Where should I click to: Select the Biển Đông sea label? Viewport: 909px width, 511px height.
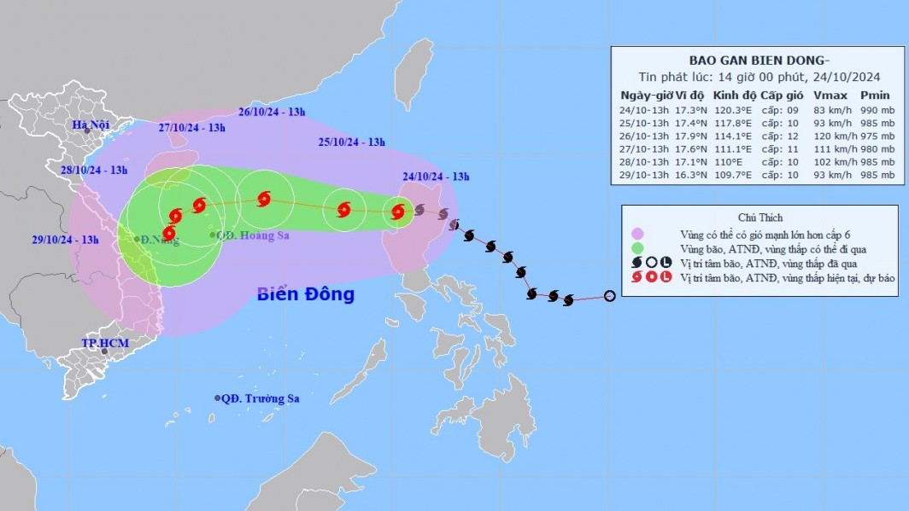pyautogui.click(x=305, y=294)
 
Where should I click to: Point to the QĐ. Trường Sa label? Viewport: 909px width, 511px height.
pyautogui.click(x=261, y=398)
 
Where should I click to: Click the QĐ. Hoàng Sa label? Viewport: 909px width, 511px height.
pyautogui.click(x=252, y=235)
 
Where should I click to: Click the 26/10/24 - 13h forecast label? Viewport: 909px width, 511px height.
pyautogui.click(x=272, y=112)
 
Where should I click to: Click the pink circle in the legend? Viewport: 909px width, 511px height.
pyautogui.click(x=636, y=234)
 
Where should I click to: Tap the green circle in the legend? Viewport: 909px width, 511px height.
pyautogui.click(x=636, y=249)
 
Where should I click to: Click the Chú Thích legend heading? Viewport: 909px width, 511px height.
pyautogui.click(x=759, y=218)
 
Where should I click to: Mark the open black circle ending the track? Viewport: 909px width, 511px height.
pyautogui.click(x=609, y=296)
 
